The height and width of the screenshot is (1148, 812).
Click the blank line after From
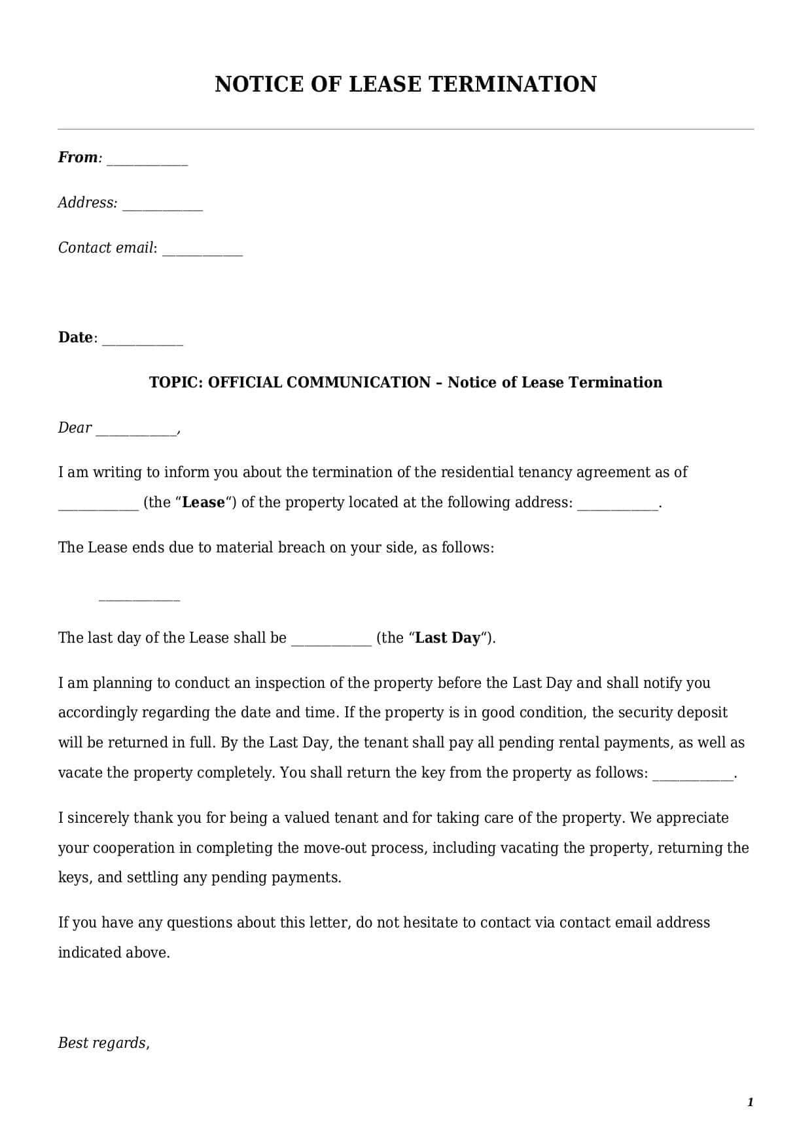coord(147,161)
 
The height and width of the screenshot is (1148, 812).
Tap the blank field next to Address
coord(162,206)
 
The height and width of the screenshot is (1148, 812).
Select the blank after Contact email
coord(202,251)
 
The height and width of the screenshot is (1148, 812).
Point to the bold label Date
coord(75,337)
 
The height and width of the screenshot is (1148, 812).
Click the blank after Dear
coord(136,431)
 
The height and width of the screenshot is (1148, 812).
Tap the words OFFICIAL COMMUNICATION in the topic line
coord(319,382)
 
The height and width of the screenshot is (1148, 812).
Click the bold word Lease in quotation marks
coord(203,503)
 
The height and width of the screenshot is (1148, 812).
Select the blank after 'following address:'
coord(617,506)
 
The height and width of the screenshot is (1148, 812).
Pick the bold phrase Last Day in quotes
coord(448,638)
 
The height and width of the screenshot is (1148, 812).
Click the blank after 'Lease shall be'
coord(331,641)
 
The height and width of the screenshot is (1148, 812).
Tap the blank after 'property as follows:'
coord(693,776)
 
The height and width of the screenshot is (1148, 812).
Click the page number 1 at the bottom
coord(750,1102)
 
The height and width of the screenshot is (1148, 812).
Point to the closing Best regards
coord(103,1043)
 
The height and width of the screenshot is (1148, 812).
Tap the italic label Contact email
coord(106,247)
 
